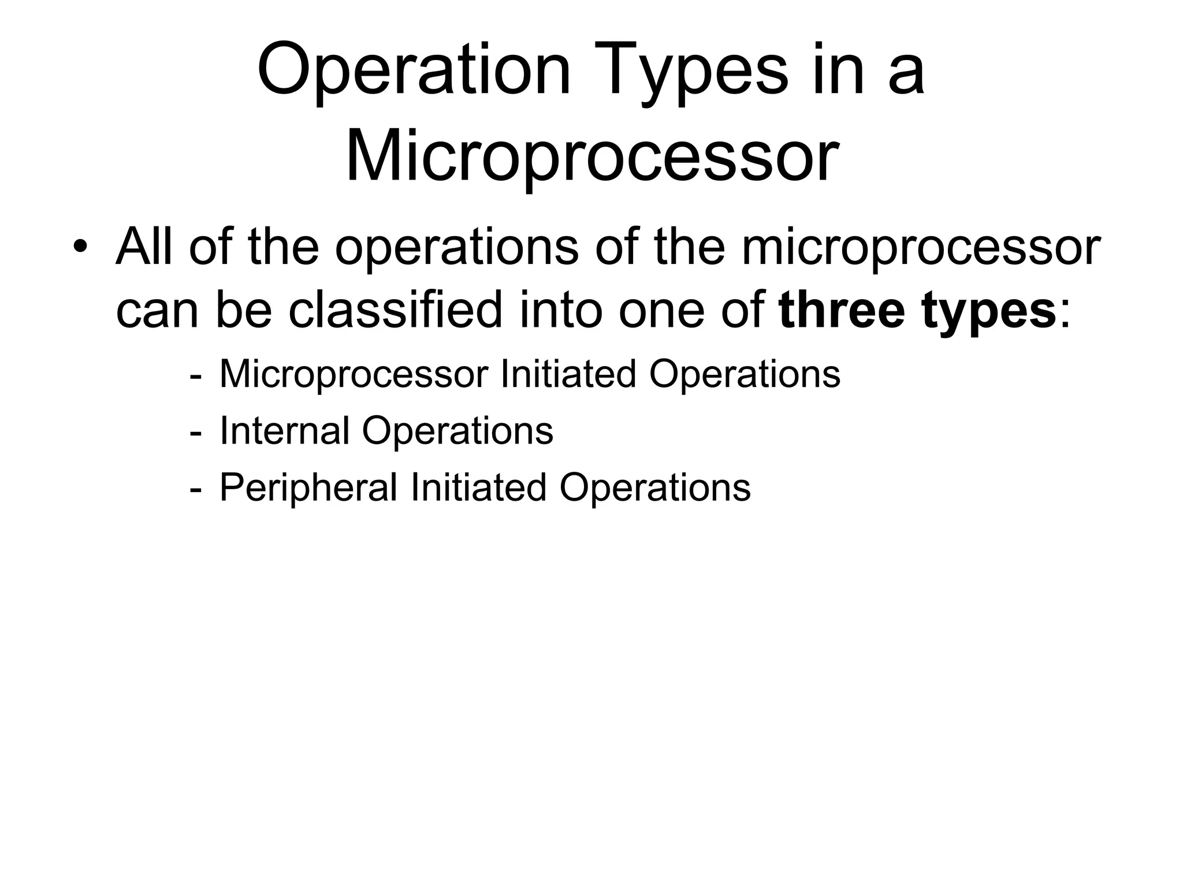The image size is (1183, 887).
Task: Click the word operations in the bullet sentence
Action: coord(456,248)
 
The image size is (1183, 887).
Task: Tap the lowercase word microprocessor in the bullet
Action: coord(920,248)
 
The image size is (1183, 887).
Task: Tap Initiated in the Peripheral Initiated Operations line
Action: coord(478,487)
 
